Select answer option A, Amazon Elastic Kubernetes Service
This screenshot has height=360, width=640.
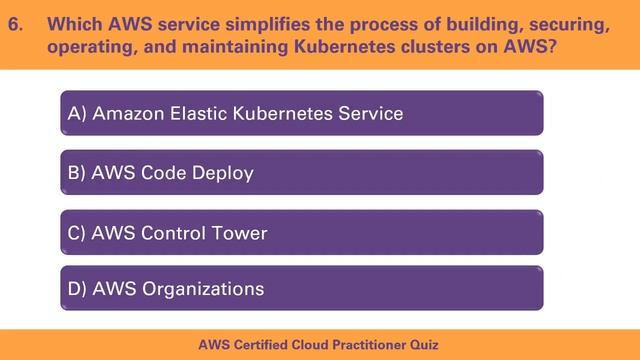point(301,113)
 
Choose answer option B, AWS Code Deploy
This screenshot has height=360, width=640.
point(301,173)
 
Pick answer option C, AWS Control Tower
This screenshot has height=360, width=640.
point(301,233)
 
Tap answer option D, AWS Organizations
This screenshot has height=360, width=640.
point(301,289)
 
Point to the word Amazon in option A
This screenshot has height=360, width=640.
point(127,114)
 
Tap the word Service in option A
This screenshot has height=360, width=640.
point(370,114)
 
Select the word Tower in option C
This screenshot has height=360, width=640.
point(238,234)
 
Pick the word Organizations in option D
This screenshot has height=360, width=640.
point(204,290)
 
